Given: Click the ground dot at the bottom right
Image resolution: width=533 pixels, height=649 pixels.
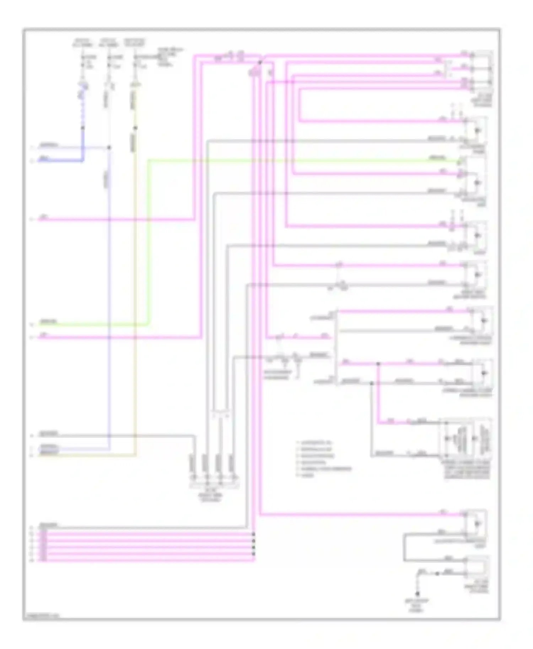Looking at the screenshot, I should [418, 594].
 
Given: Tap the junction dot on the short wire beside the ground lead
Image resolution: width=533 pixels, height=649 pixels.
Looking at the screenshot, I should [437, 573].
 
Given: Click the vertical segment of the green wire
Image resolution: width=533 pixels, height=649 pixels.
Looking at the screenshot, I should [148, 241].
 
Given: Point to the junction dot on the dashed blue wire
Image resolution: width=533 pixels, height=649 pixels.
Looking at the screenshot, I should [82, 128].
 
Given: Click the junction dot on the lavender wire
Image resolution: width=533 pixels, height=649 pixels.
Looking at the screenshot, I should [109, 147].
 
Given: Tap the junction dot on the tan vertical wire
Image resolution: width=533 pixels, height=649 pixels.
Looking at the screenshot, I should [135, 128].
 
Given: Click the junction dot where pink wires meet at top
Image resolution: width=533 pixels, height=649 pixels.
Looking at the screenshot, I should [260, 62].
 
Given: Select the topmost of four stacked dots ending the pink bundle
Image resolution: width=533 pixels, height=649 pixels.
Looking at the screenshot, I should [253, 534].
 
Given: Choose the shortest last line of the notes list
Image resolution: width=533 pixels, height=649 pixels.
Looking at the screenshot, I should [307, 475].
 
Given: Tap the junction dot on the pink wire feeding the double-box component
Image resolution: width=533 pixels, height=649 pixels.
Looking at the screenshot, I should [378, 364].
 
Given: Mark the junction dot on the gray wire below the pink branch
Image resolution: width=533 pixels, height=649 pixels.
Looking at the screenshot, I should [372, 383].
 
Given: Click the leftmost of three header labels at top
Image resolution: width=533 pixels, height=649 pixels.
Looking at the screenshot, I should [82, 42].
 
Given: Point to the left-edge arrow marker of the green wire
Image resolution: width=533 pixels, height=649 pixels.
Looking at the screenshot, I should [32, 324].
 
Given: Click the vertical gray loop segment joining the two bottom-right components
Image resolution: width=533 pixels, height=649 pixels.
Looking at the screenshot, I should [404, 547].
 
